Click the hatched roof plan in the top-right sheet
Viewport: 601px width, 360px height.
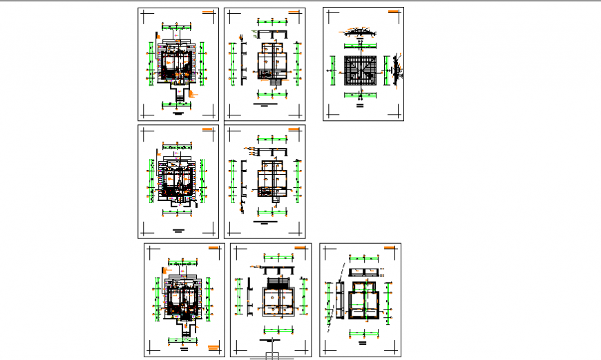coord(361,70)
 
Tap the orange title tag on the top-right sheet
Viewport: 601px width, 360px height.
coord(392,12)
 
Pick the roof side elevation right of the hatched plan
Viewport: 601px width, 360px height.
coord(395,70)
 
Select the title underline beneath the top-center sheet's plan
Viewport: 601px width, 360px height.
coord(264,106)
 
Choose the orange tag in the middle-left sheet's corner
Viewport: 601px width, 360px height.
coord(208,129)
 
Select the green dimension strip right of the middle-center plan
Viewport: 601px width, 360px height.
coord(298,178)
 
